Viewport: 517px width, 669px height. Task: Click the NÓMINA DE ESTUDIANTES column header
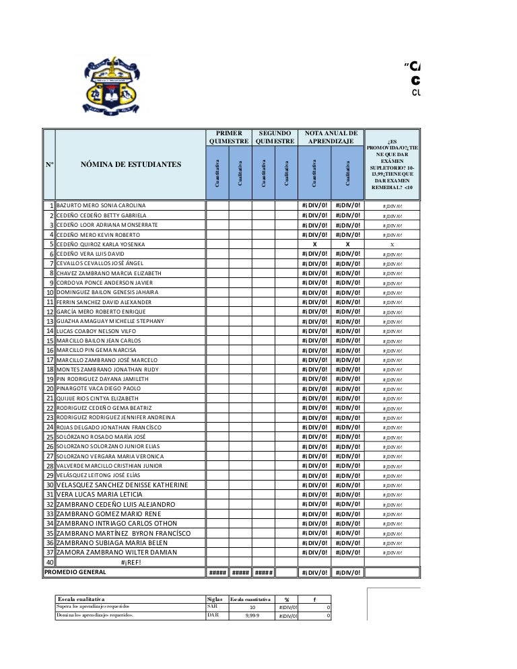[131, 164]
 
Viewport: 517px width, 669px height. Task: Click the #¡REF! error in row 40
[131, 563]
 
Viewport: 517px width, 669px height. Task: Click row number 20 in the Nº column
[49, 389]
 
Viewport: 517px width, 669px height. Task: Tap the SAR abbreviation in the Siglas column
[213, 607]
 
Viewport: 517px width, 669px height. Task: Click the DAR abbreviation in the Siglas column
[213, 617]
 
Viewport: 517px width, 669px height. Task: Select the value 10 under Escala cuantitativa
[253, 608]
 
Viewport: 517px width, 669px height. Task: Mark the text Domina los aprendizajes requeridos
[98, 617]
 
